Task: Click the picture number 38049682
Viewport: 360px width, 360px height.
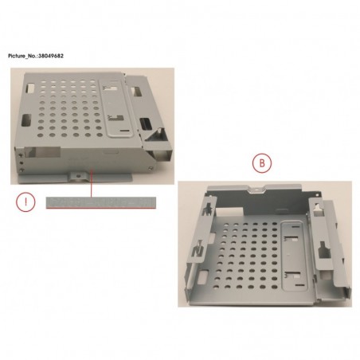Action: coord(51,56)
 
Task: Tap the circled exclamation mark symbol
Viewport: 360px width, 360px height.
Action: coord(25,202)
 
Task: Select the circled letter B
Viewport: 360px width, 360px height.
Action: coord(262,163)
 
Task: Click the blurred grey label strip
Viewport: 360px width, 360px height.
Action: coord(101,202)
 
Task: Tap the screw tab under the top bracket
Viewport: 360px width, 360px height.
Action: coord(78,176)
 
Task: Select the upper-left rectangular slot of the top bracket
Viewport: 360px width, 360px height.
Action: coord(30,88)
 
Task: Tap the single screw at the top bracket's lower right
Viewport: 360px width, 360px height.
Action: coord(151,168)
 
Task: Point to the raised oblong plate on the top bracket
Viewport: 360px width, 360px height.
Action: coord(116,108)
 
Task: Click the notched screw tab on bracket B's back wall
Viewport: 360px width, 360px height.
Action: coord(256,189)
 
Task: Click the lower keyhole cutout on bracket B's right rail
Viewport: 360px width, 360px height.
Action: coord(324,251)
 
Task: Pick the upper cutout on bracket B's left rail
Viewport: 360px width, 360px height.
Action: coord(209,207)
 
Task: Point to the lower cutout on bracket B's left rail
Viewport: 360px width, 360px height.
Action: coord(198,249)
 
